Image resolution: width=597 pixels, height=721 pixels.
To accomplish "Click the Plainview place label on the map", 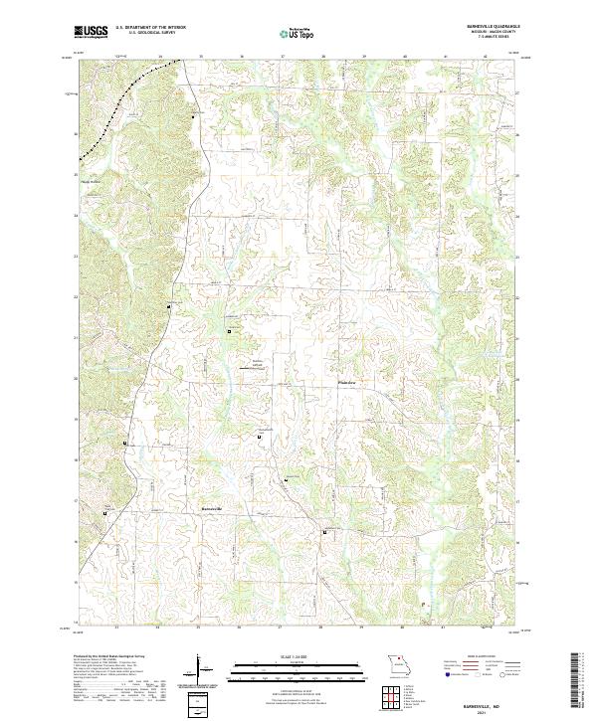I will click(x=347, y=379).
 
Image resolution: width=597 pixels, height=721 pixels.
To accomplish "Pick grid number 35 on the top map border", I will click(x=201, y=57).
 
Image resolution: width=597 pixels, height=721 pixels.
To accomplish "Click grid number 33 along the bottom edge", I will click(x=117, y=629).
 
